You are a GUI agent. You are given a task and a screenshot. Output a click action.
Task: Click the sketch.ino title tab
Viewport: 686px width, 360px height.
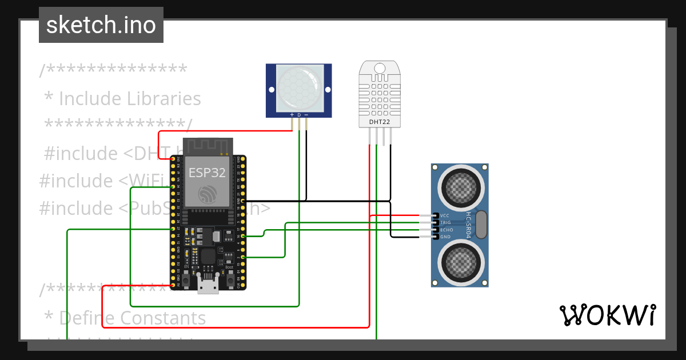[101, 25]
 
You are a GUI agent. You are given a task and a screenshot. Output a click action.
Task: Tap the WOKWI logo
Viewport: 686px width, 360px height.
[607, 315]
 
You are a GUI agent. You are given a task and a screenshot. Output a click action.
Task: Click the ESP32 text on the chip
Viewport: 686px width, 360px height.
[207, 173]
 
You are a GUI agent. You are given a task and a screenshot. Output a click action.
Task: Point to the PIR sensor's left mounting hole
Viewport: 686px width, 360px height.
[271, 89]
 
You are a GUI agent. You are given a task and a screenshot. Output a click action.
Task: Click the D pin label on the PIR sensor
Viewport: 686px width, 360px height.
[299, 115]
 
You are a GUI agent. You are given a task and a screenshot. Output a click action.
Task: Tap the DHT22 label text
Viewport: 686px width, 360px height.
[380, 122]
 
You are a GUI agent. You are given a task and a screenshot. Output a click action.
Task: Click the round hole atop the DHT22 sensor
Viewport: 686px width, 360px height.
[380, 69]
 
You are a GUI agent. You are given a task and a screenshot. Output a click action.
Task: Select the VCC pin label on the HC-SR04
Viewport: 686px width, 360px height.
[445, 215]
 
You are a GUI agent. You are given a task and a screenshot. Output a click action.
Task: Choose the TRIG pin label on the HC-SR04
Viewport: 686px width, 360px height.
[446, 222]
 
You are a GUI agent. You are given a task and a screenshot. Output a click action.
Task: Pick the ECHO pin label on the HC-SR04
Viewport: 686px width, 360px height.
[446, 230]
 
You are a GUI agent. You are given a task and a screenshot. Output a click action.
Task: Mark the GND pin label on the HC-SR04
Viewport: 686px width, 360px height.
[445, 237]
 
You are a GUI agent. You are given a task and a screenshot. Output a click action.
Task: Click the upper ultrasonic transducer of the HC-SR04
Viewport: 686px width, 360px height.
[460, 187]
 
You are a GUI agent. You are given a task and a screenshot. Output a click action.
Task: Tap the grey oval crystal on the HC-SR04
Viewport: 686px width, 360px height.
[481, 224]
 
